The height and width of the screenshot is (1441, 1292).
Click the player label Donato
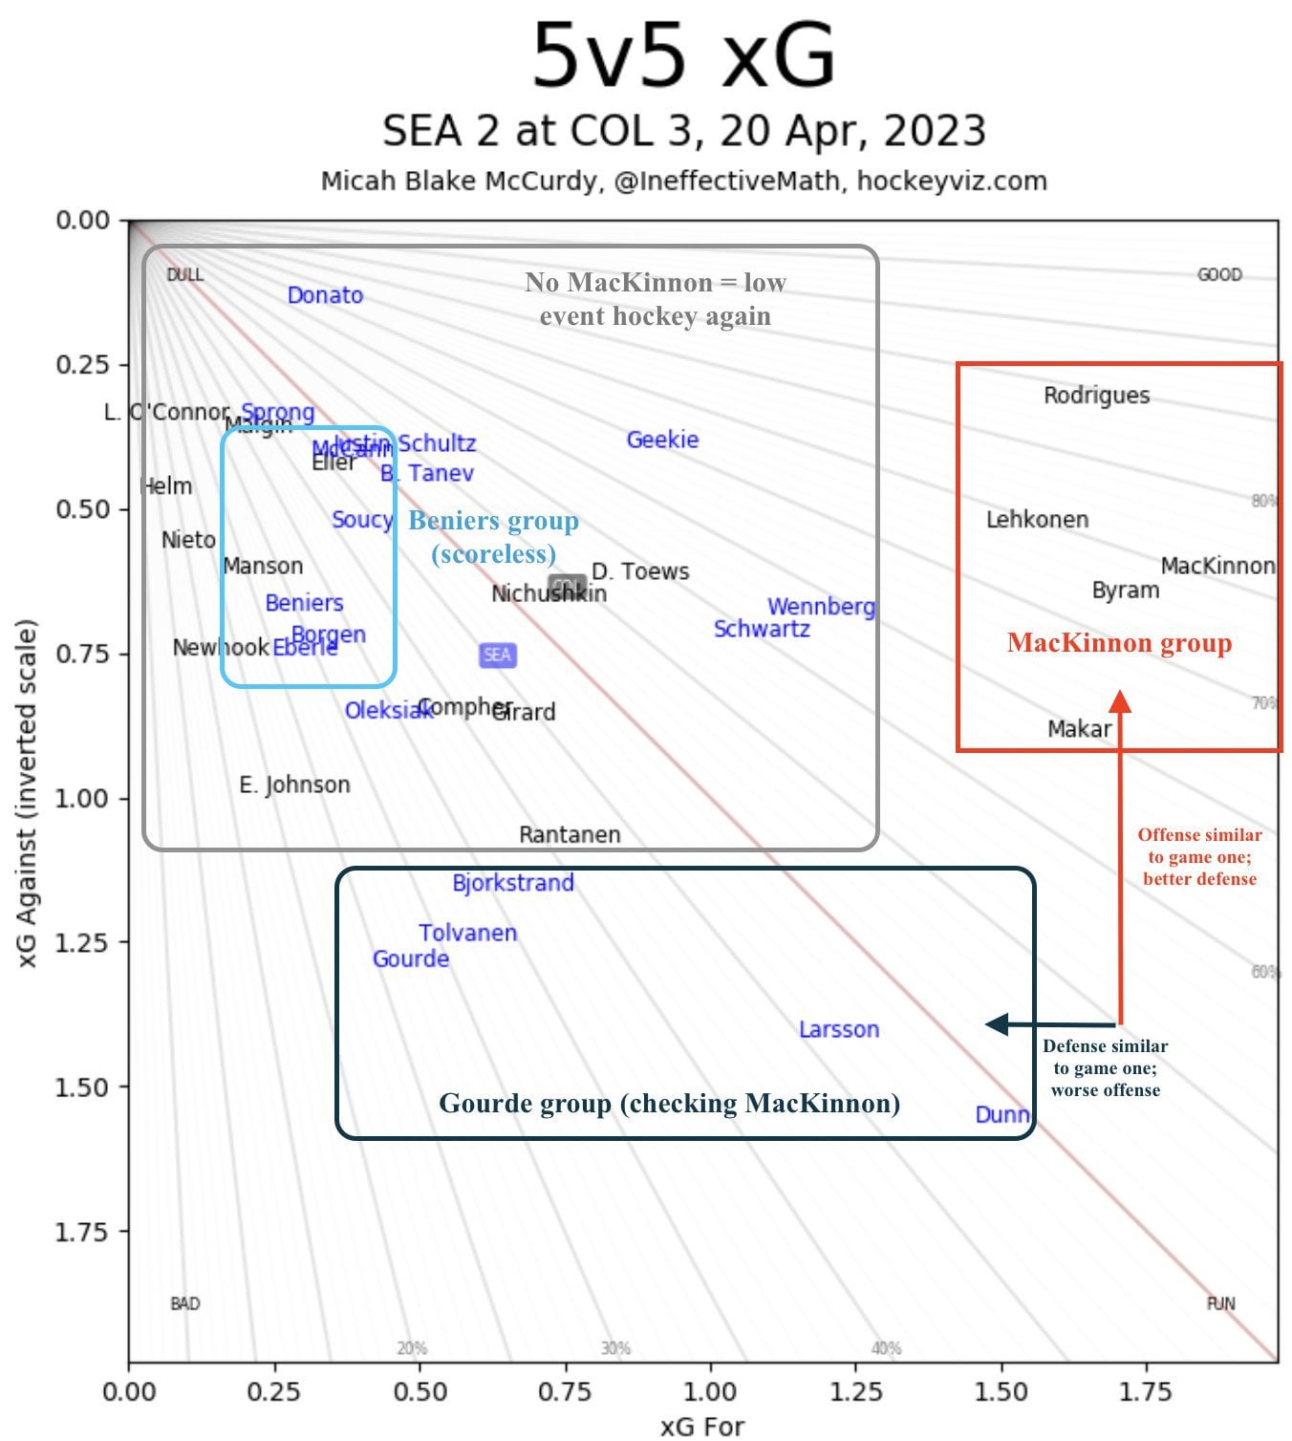[x=325, y=295]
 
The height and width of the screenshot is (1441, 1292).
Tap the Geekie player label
[x=662, y=440]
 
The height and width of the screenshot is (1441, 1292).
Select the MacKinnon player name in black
[x=1217, y=566]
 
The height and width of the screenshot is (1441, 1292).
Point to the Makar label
[x=1079, y=729]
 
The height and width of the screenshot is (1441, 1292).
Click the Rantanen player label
[x=570, y=834]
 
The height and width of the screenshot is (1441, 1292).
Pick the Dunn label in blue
[x=1001, y=1114]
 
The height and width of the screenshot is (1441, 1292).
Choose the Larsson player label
[x=839, y=1029]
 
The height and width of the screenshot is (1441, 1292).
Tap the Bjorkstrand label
[x=513, y=883]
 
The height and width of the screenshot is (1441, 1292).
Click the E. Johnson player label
[x=294, y=785]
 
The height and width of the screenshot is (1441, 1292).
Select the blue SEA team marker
[x=497, y=655]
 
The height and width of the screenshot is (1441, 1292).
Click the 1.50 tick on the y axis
[x=82, y=1087]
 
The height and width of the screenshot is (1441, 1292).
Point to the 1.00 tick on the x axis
[x=710, y=1391]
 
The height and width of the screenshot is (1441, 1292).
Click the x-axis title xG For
[x=701, y=1427]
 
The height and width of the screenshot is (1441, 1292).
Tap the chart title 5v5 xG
[x=683, y=55]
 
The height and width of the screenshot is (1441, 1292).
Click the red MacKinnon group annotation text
[x=1119, y=643]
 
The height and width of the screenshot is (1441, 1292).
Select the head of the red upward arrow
[x=1120, y=700]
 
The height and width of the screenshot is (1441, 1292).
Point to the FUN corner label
[x=1220, y=1303]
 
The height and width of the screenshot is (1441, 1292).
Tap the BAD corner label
[x=184, y=1303]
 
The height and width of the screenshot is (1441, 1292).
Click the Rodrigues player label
[x=1096, y=396]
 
